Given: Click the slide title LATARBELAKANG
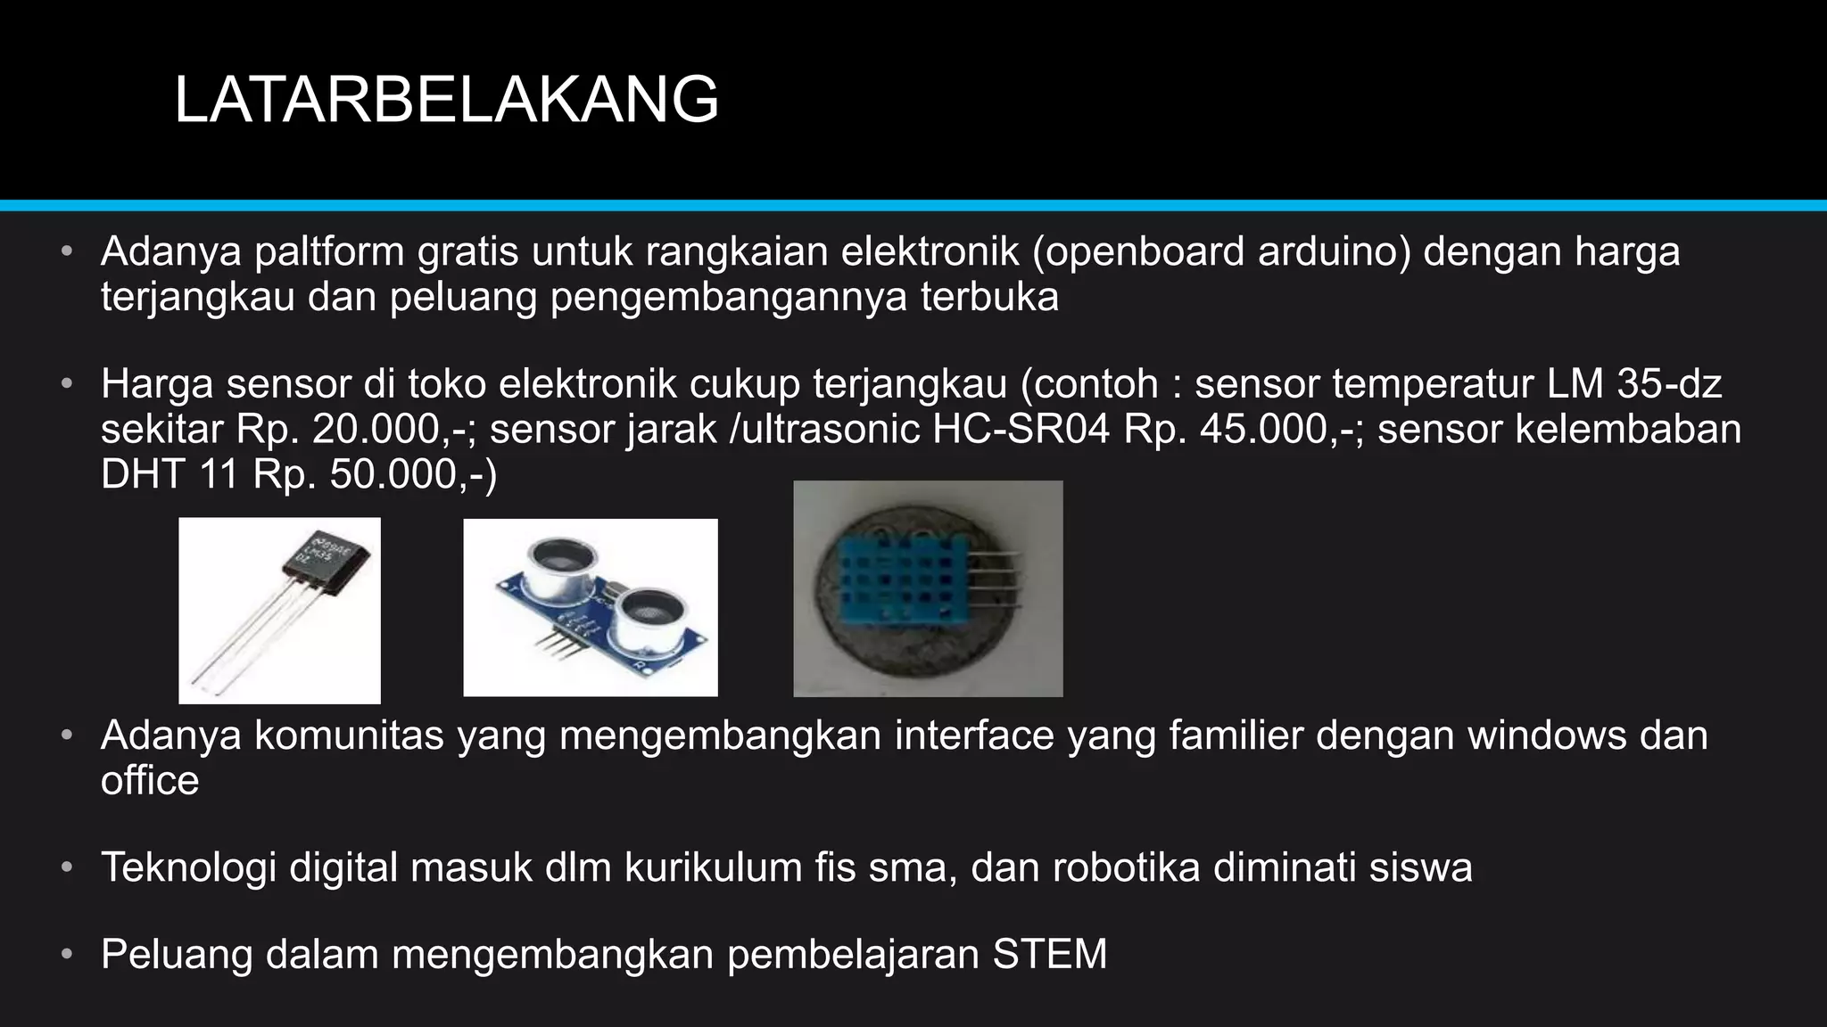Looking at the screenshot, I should pos(446,100).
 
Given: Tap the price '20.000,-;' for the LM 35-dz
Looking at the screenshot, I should pos(393,430).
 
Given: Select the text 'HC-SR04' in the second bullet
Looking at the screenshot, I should pos(1021,430).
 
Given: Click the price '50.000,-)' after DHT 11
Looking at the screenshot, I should pos(413,474).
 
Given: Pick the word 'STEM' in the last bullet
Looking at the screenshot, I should pos(1050,954).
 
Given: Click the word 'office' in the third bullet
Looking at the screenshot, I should pos(150,781).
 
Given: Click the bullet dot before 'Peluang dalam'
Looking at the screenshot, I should pos(67,955).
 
